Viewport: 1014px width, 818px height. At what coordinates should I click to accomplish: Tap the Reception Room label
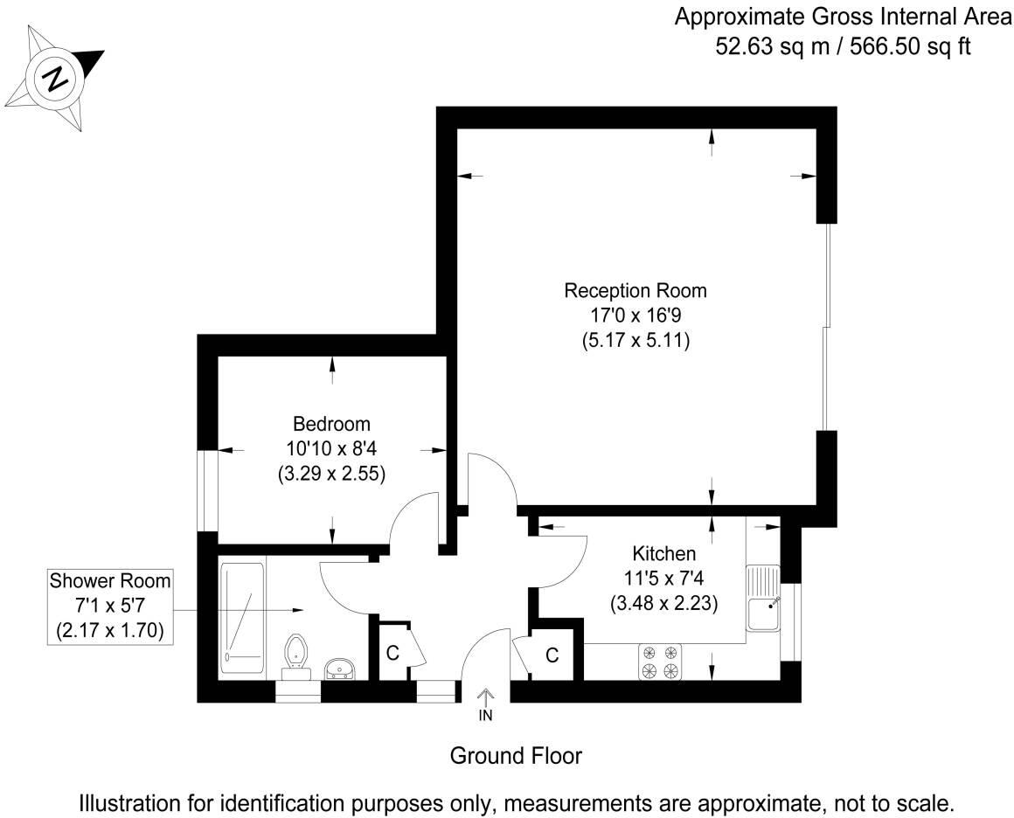tap(635, 290)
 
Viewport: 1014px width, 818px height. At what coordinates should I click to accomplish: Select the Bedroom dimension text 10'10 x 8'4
tap(331, 449)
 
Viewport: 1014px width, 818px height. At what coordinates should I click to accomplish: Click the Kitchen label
tap(663, 553)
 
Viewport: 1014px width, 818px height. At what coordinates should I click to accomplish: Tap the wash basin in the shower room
tap(339, 669)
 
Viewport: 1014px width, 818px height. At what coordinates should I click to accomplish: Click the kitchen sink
tap(764, 599)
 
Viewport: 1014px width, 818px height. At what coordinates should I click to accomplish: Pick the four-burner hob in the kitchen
tap(660, 662)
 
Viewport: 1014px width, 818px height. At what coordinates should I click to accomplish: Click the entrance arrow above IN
tap(486, 696)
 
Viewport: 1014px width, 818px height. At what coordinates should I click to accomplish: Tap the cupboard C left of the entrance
tap(393, 653)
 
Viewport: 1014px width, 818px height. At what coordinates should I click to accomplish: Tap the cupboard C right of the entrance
tap(552, 655)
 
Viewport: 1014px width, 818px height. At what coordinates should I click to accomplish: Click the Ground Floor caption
tap(516, 755)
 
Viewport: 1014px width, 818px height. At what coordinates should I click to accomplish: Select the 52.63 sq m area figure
tap(759, 46)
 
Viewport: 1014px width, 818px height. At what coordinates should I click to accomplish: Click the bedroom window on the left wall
tap(207, 490)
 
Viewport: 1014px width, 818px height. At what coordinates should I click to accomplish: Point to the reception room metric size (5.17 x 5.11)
tap(636, 342)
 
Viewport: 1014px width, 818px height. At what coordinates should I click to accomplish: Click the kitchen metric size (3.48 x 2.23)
tap(663, 603)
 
